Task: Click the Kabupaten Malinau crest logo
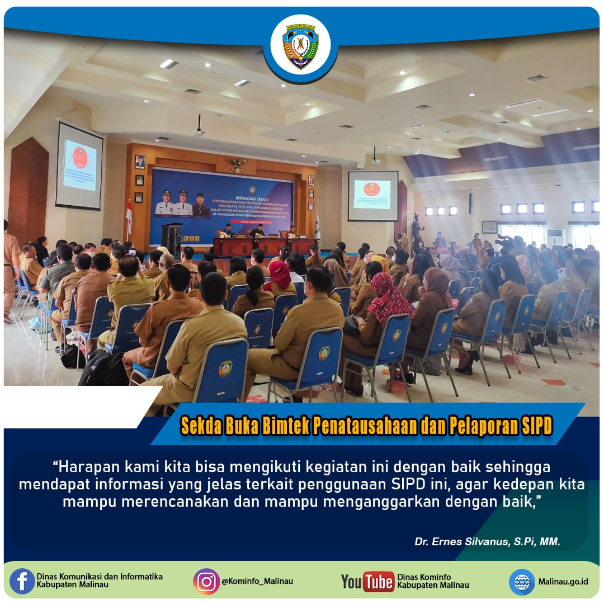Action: click(x=300, y=45)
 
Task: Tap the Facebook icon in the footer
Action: click(x=22, y=581)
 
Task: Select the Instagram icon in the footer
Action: click(x=206, y=581)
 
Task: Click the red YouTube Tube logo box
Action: click(x=379, y=582)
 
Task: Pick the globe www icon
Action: click(x=522, y=582)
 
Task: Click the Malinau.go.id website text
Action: click(x=563, y=582)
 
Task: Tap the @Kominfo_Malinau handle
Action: click(x=257, y=582)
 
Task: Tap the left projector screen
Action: click(x=79, y=166)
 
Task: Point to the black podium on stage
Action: click(x=172, y=239)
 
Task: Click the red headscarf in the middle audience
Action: click(x=280, y=276)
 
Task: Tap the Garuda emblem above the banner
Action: click(x=237, y=165)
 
